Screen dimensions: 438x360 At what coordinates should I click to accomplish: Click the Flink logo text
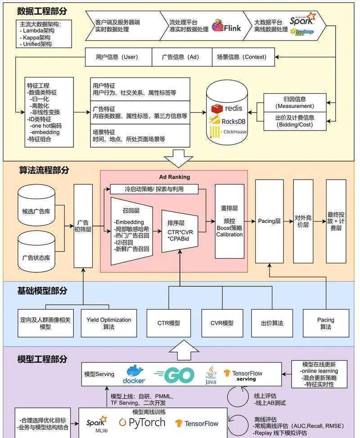(x=232, y=28)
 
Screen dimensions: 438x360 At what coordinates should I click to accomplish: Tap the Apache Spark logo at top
(x=302, y=20)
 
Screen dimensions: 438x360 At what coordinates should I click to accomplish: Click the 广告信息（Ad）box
(x=180, y=57)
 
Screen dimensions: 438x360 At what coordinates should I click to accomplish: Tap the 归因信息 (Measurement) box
(x=295, y=102)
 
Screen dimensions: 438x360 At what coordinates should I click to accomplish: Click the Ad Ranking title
(x=175, y=177)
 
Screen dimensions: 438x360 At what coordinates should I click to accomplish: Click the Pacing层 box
(x=269, y=221)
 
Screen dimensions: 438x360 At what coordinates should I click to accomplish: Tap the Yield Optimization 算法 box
(x=108, y=323)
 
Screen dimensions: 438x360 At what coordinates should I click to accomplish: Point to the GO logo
(x=175, y=375)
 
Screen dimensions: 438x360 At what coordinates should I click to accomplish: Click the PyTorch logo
(x=142, y=422)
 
